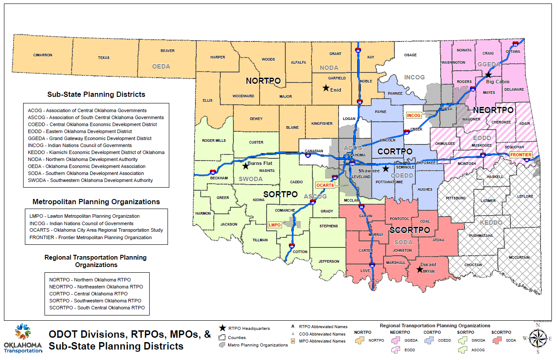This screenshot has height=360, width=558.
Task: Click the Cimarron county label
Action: click(43, 55)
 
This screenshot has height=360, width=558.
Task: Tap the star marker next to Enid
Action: click(325, 88)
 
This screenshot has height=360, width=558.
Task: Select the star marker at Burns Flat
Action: click(245, 166)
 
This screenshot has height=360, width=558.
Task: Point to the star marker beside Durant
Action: click(419, 269)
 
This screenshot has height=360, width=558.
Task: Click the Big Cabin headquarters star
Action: click(488, 75)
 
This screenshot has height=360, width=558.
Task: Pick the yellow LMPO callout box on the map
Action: click(274, 225)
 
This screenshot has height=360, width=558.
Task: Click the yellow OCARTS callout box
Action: click(325, 185)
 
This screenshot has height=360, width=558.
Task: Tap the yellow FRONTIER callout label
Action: click(521, 155)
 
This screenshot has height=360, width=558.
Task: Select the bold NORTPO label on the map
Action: click(263, 81)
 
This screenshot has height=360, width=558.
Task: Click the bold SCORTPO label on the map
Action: click(410, 230)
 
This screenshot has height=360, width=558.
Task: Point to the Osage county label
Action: click(410, 55)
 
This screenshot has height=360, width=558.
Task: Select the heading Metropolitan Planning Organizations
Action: click(96, 202)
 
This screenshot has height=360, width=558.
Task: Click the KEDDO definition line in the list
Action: click(96, 152)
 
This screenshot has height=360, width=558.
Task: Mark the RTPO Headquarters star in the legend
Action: click(223, 328)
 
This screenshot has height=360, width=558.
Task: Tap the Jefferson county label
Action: click(329, 261)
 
